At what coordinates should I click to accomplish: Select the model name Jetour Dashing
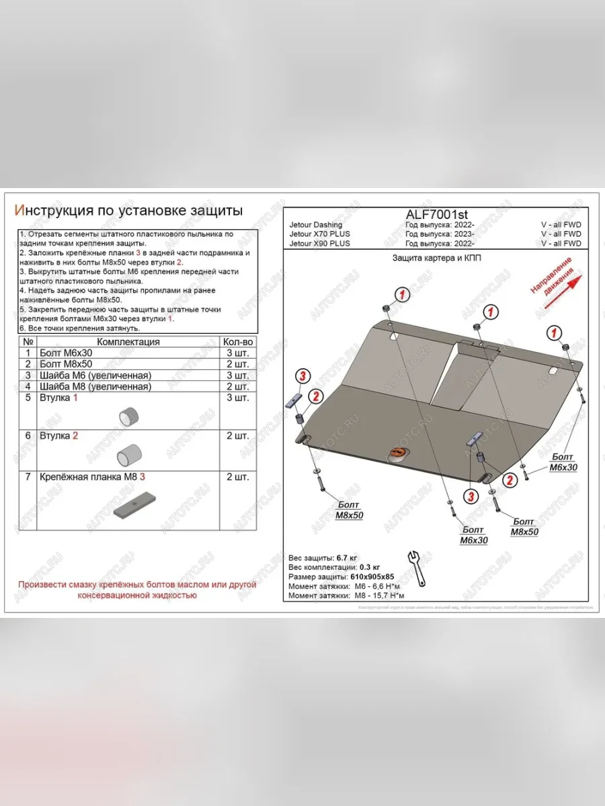(315, 225)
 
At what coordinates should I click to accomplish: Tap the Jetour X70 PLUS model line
(319, 234)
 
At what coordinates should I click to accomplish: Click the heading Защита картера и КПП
(436, 258)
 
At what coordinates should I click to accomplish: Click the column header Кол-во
(238, 342)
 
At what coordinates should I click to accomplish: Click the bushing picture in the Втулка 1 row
(128, 416)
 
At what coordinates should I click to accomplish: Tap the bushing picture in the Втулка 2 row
(128, 455)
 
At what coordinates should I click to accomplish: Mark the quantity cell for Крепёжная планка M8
(238, 477)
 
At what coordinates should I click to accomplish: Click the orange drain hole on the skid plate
(399, 455)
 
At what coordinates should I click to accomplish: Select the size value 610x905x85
(372, 577)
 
